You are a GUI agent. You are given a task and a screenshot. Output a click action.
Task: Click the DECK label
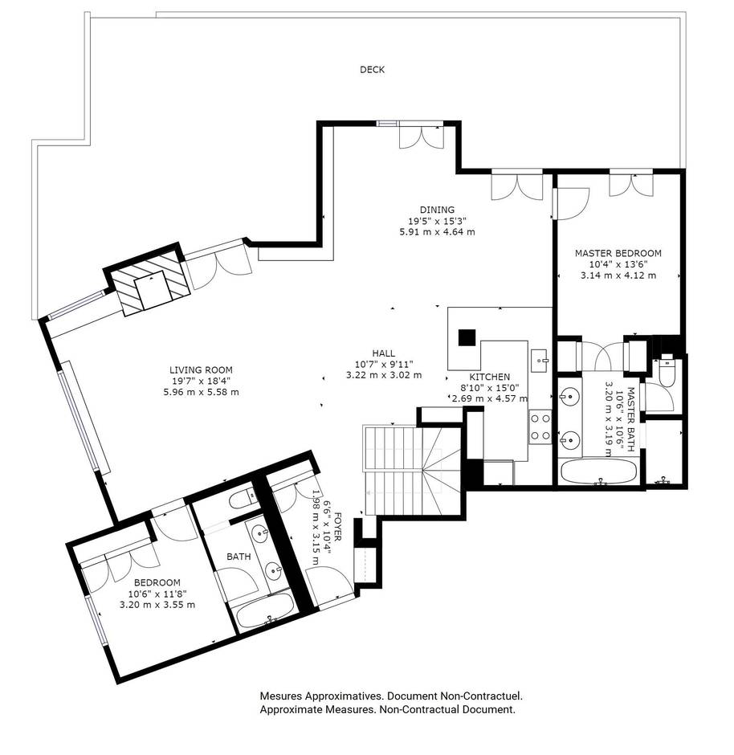click(372, 70)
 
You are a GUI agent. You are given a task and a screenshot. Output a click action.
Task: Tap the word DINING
click(441, 210)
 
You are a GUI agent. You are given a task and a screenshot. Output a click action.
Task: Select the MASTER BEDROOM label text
click(618, 254)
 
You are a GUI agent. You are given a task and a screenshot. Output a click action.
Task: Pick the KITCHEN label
click(490, 377)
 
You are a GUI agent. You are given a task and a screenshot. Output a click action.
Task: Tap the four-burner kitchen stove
click(540, 426)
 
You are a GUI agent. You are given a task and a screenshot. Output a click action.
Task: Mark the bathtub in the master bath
click(598, 471)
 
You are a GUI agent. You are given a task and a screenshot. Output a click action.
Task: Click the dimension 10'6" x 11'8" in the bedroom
click(157, 594)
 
